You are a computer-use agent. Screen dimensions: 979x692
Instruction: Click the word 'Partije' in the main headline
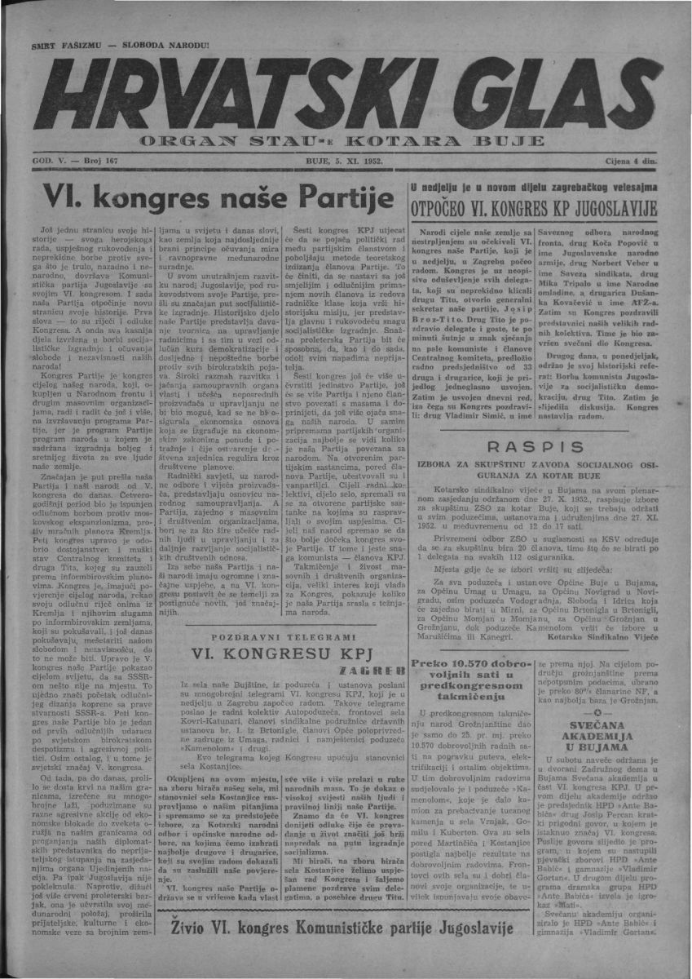tap(333, 197)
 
